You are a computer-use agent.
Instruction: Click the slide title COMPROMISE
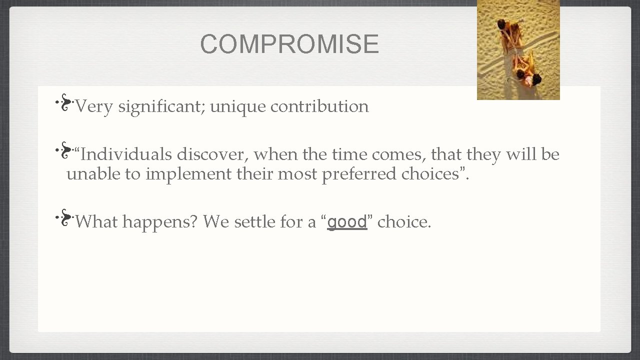[x=289, y=44]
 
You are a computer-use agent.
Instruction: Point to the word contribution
[x=319, y=106]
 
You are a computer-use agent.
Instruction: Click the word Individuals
[x=125, y=154]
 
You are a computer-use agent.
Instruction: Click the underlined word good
[x=347, y=221]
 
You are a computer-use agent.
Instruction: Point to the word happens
[x=159, y=222]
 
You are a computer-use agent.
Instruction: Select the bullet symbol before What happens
[x=65, y=218]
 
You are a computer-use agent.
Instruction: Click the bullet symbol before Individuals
[x=65, y=151]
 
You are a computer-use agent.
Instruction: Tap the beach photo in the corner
[x=518, y=50]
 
